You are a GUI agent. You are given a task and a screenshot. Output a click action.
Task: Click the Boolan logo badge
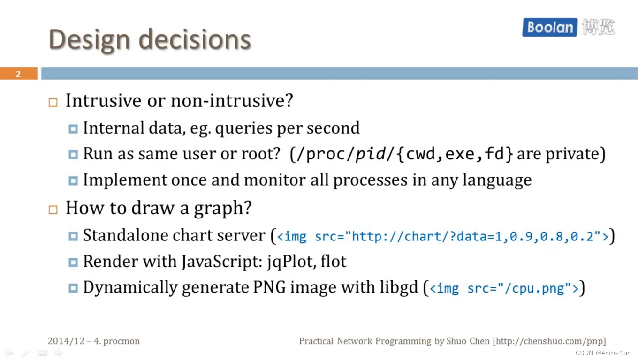click(549, 27)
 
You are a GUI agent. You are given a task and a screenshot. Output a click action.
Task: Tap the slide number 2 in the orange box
click(18, 74)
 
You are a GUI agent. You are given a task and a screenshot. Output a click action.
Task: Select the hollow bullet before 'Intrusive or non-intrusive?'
click(53, 102)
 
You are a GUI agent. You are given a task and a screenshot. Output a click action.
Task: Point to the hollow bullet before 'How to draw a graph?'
click(53, 209)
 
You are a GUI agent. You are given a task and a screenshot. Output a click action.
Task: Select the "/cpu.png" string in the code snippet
click(538, 288)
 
